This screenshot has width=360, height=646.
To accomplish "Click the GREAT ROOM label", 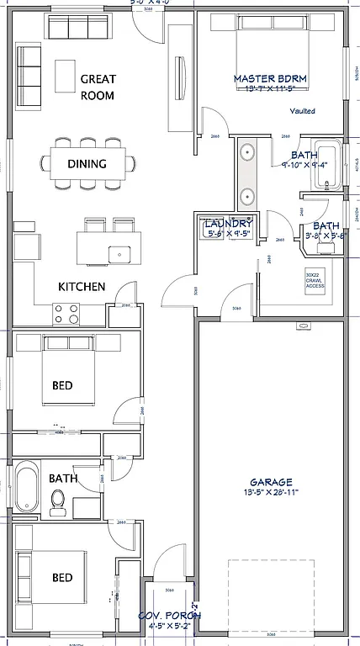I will point(98,87).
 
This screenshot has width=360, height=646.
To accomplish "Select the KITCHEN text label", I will point(82,287).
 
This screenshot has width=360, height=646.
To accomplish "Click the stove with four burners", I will point(66,314).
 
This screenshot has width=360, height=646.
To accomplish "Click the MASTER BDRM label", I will point(270,79).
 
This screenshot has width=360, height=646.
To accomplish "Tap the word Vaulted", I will point(303,110).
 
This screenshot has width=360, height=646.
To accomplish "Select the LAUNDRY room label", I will point(228,223).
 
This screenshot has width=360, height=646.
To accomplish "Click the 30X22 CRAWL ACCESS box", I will point(316,281).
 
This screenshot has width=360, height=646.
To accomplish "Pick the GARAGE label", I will point(270,482).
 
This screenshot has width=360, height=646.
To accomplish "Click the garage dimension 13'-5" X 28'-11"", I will point(270,494).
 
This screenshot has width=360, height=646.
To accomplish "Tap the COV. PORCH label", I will point(169,616).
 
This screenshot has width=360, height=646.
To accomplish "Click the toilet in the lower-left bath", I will point(58,501).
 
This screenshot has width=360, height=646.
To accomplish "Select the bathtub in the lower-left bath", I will point(27,489).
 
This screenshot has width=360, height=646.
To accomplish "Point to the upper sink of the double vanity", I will point(248,153).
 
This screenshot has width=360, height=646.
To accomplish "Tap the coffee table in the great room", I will point(65,75).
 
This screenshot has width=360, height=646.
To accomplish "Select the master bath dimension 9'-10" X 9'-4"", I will point(304,166).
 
